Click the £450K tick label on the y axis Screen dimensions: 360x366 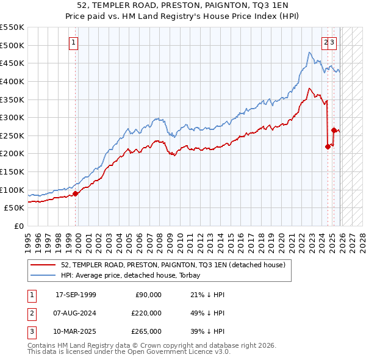coord(12,63)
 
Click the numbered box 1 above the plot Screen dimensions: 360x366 coord(73,43)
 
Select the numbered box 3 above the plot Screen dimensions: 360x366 coord(332,43)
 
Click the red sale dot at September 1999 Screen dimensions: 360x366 coord(76,193)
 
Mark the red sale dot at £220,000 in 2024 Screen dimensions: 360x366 coord(328,146)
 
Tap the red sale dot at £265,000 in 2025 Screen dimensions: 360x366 coord(334,130)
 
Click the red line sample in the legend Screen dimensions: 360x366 coord(43,265)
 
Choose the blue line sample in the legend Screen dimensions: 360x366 coord(43,275)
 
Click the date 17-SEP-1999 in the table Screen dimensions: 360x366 coord(76,295)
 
